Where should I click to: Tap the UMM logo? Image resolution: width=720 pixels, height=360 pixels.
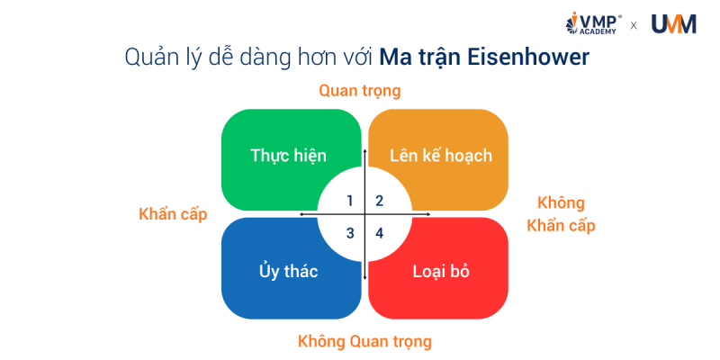click(x=672, y=24)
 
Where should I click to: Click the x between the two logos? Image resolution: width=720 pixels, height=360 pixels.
click(x=634, y=25)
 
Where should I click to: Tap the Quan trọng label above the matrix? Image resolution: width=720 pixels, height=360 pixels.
click(x=360, y=91)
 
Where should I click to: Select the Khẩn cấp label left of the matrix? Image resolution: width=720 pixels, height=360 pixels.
click(x=173, y=214)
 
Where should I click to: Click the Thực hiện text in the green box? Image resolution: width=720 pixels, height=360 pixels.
click(x=288, y=155)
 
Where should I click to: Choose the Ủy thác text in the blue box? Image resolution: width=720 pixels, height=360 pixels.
click(x=288, y=271)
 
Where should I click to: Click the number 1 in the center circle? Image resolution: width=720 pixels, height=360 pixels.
click(x=350, y=200)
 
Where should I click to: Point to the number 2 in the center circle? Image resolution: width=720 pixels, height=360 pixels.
click(x=380, y=200)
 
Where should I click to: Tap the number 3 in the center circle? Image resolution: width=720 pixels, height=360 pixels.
click(x=350, y=233)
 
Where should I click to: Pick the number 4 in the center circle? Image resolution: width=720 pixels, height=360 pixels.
click(x=380, y=233)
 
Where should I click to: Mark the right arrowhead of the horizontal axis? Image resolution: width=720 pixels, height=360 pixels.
click(x=429, y=214)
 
